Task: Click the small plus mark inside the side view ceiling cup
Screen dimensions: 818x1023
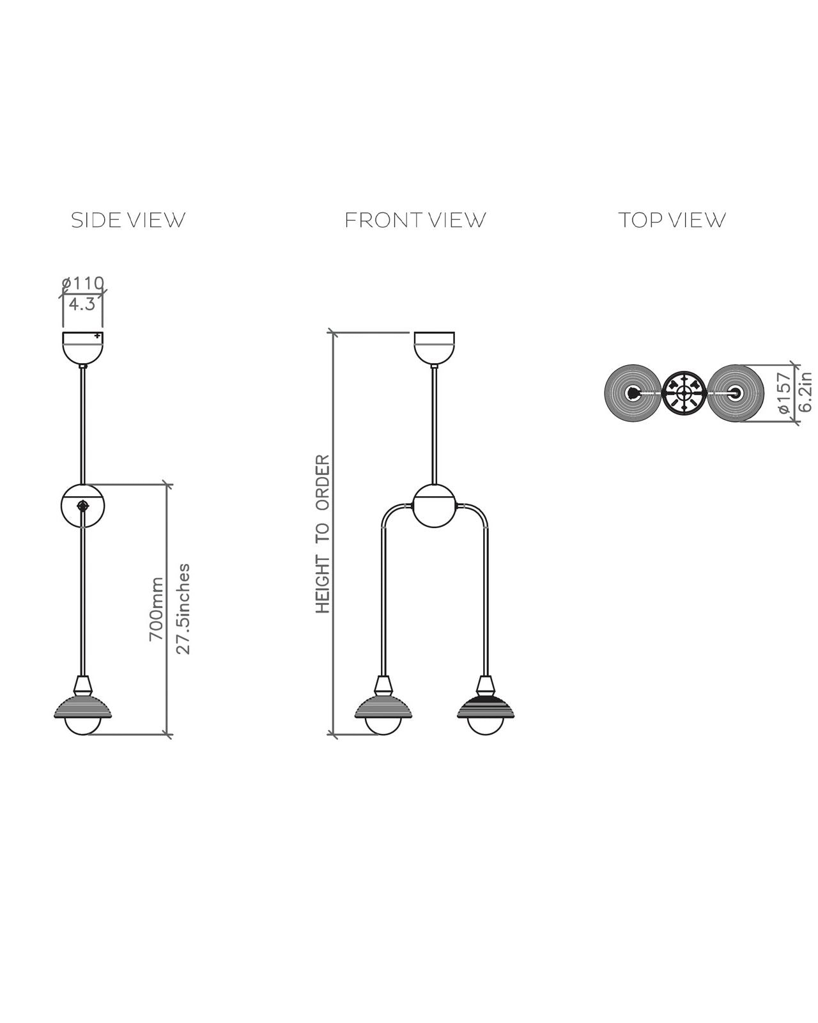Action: pos(97,336)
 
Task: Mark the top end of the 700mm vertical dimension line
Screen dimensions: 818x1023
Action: pos(167,485)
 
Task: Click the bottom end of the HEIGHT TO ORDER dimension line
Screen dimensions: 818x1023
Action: pos(333,735)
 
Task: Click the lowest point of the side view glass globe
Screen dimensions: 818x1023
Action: pos(82,735)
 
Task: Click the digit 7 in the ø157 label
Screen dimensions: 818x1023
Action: pos(783,377)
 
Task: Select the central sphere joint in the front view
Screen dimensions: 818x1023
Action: pos(435,506)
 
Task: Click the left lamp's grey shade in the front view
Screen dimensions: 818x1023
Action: pos(383,707)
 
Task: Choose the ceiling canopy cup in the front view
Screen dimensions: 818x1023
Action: pos(435,348)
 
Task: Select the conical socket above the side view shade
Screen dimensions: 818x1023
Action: pos(82,685)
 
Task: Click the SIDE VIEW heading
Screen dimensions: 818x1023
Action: pos(128,220)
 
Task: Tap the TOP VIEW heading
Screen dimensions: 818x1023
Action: pos(672,220)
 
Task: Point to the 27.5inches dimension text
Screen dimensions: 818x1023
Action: pos(183,609)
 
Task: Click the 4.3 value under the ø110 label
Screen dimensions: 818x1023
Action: pos(82,304)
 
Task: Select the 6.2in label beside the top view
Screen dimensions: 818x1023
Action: pos(806,392)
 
